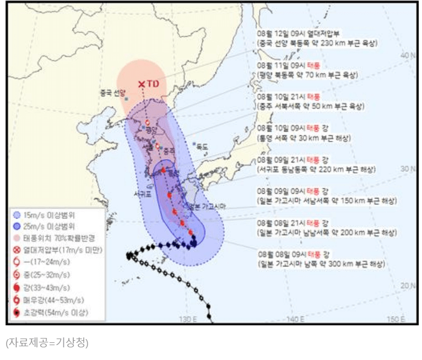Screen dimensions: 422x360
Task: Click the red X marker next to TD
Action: (x=142, y=84)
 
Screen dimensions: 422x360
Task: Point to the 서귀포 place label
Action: (x=141, y=194)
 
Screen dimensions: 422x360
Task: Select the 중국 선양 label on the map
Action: (x=113, y=92)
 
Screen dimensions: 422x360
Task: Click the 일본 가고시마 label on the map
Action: (x=208, y=206)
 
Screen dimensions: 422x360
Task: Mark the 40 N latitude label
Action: (x=407, y=55)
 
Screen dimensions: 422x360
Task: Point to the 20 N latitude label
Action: (x=407, y=285)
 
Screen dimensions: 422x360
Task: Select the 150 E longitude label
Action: (x=394, y=319)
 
